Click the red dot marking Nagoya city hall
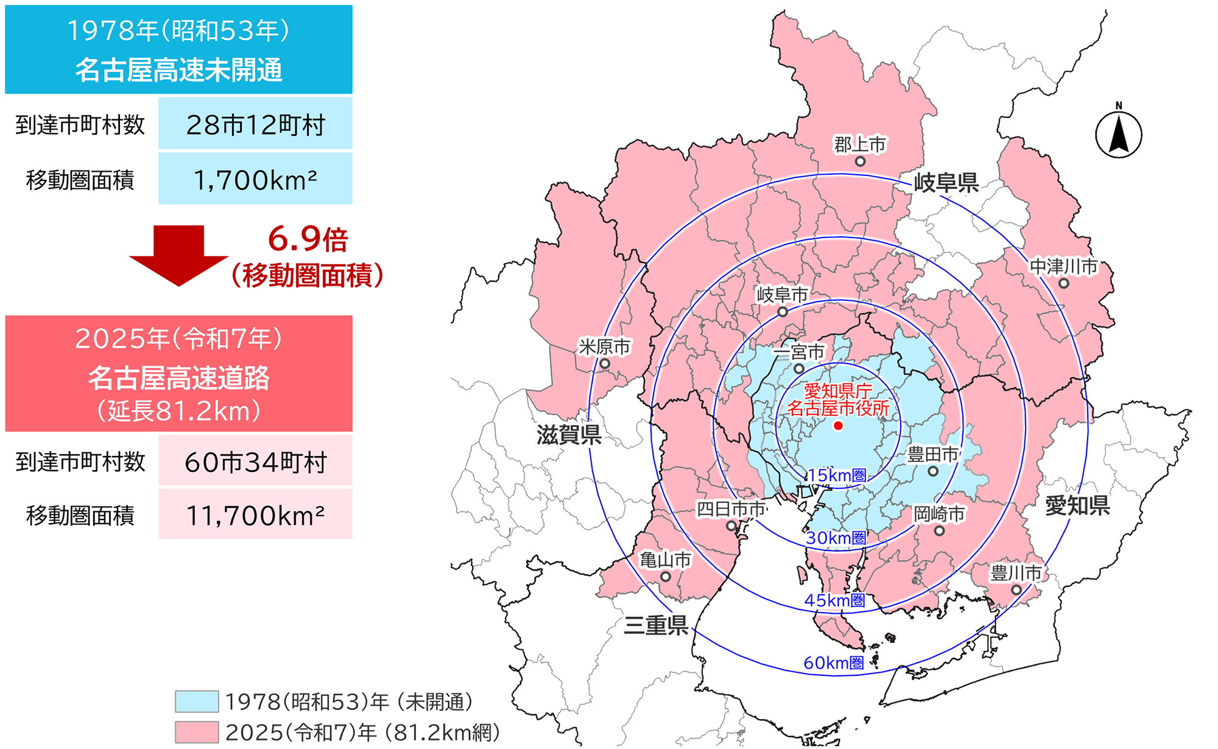coord(838,426)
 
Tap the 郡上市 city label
coord(859,145)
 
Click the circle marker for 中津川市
coord(1063,283)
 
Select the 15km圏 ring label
coord(837,476)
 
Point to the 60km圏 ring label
coord(833,663)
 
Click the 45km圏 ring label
coord(834,601)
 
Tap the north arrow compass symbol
coord(1119,134)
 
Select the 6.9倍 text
coord(308,239)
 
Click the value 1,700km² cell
coord(255,179)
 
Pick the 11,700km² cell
coord(255,515)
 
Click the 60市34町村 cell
coord(255,462)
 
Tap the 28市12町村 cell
coord(255,124)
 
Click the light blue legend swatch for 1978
coord(197,702)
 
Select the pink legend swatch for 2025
coord(197,732)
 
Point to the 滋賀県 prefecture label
coord(568,435)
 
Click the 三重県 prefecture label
coord(656,625)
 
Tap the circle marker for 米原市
coord(605,364)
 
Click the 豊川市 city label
coord(1015,573)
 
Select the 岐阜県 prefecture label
coord(946,182)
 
